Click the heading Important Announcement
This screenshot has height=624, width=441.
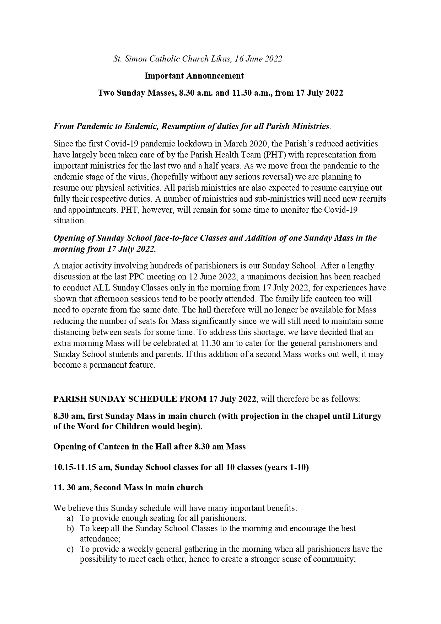(x=194, y=76)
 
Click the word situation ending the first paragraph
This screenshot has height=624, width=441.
(x=69, y=221)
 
